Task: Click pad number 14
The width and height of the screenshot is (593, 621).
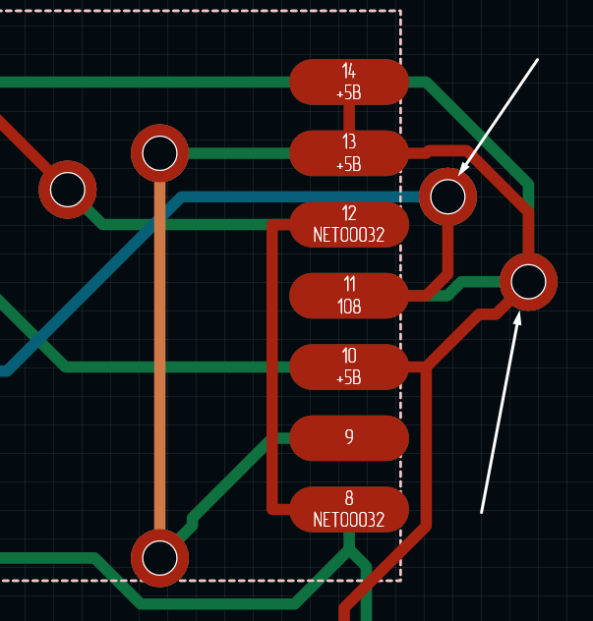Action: coord(349,81)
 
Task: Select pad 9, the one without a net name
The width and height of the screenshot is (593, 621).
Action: coord(349,437)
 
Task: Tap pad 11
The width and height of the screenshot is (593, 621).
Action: coord(349,295)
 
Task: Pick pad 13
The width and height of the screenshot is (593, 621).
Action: coord(349,152)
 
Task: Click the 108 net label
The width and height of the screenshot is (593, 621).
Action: coord(349,307)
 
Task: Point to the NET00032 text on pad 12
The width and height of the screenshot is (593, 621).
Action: coord(348,235)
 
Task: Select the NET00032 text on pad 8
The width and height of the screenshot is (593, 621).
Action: coord(348,520)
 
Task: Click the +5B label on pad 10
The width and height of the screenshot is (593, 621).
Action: coord(349,378)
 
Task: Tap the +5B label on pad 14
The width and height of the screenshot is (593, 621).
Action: coord(349,94)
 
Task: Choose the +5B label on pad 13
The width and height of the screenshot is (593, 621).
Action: coord(349,165)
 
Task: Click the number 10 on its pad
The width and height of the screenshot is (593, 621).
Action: coord(349,356)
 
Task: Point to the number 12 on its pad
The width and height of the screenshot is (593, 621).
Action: coord(349,213)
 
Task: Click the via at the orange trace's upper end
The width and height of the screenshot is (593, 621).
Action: coord(159,153)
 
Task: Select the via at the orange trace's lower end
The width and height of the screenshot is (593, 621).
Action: coord(159,557)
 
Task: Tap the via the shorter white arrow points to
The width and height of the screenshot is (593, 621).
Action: coord(447,196)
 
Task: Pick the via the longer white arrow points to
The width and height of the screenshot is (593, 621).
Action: coord(528,282)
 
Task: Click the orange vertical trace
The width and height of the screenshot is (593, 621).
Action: coord(159,354)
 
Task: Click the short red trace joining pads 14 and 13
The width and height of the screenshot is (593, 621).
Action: coord(349,117)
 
